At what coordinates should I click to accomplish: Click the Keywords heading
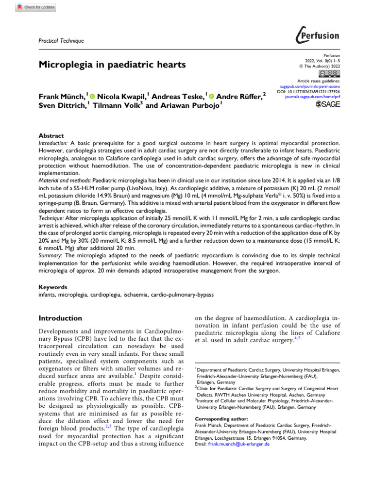click(52, 287)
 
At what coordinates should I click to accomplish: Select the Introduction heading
click(60, 318)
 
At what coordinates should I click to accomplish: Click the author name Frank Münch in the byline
click(61, 97)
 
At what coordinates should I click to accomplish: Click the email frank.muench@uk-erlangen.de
click(238, 444)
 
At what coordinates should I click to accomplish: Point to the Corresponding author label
click(221, 418)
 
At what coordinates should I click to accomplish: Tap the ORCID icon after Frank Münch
click(93, 97)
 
